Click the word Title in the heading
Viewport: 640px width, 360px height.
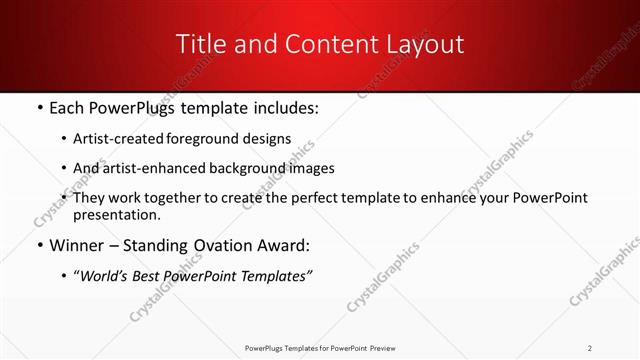coord(200,44)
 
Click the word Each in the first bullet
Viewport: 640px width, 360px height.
coord(67,108)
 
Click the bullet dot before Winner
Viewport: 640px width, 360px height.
coord(38,246)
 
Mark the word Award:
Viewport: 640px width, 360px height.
coord(286,245)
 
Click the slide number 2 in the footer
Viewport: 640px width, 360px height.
coord(590,347)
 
